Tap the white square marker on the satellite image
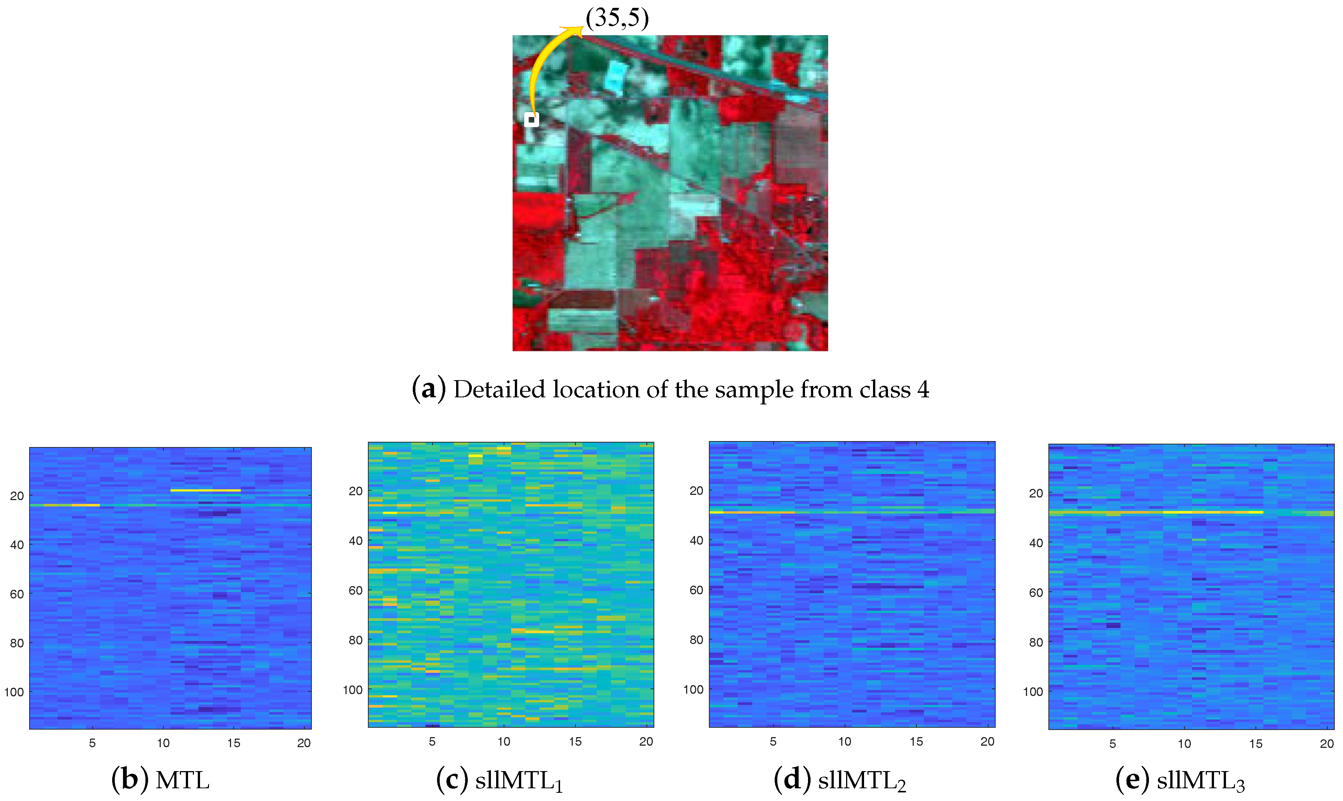tap(531, 119)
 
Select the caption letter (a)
tap(428, 389)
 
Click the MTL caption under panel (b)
tap(182, 780)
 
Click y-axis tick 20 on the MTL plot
tap(17, 496)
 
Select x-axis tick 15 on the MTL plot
tap(233, 743)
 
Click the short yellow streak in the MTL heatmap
tap(205, 490)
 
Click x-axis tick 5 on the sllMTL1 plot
tap(432, 742)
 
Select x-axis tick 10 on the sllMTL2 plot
tap(845, 742)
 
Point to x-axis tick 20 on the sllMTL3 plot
tap(1327, 744)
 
